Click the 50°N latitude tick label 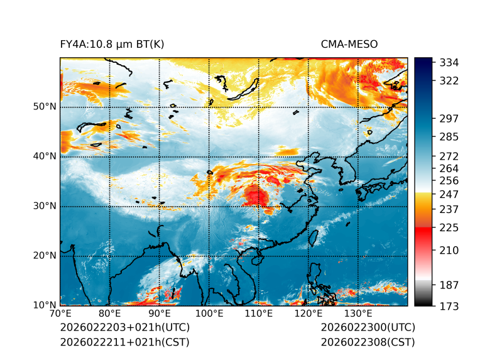(x=44, y=107)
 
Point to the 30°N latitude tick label (x=44, y=206)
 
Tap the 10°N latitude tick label (x=44, y=305)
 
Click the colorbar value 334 (x=432, y=62)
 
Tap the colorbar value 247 (x=432, y=194)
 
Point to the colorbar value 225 (x=432, y=227)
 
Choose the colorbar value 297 (x=432, y=118)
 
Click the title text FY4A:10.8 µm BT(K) (x=112, y=45)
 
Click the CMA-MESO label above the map (x=349, y=45)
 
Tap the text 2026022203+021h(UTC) (x=124, y=327)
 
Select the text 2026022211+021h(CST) (x=124, y=342)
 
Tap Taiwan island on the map (x=314, y=237)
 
